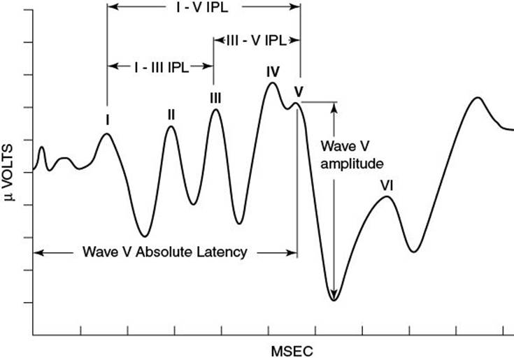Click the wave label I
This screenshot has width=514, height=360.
108,120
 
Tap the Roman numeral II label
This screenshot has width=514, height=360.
171,115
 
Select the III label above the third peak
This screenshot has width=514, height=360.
215,99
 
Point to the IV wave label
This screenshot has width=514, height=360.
273,72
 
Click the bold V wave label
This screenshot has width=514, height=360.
299,92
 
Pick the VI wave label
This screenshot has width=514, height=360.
387,186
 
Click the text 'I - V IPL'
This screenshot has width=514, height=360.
202,8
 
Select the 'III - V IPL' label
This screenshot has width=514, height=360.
257,41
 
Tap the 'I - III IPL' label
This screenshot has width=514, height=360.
162,68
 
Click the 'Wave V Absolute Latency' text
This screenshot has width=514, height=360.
165,252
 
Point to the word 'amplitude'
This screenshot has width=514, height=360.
352,164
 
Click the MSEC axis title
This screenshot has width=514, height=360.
292,352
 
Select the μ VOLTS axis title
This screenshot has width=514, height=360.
9,172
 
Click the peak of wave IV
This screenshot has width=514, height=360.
272,82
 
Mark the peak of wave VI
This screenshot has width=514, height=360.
387,196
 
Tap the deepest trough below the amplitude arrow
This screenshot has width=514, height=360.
334,300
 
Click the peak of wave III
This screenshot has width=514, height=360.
215,109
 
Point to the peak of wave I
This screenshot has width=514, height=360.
106,134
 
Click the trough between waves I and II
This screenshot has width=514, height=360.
145,236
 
